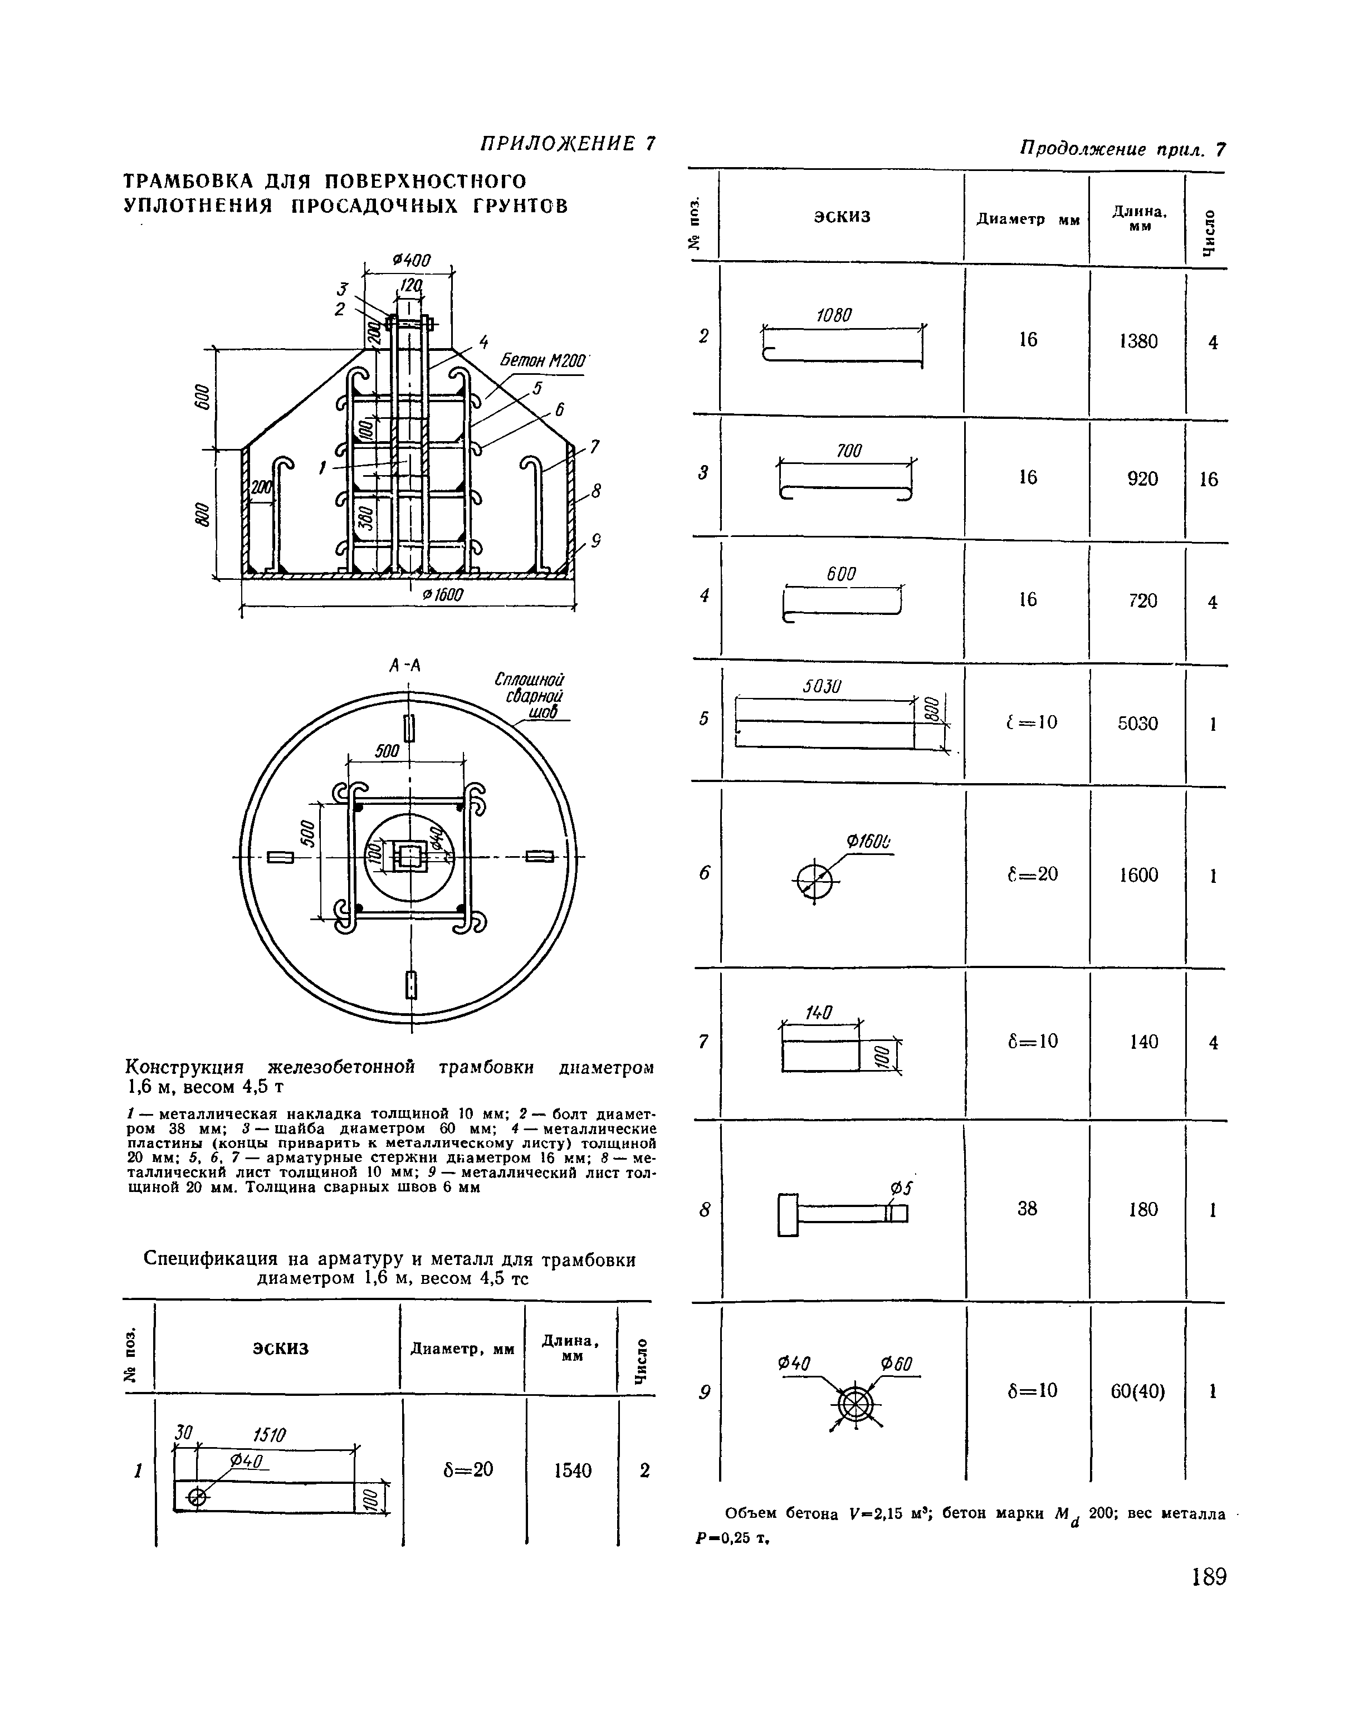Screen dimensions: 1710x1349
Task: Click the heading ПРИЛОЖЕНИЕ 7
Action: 567,144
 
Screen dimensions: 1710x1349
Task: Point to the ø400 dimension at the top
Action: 410,261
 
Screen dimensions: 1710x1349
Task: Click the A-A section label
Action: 405,666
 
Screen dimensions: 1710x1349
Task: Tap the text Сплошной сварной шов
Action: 531,696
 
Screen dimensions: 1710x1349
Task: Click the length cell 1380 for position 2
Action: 1138,341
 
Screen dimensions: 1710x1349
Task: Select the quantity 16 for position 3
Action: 1209,480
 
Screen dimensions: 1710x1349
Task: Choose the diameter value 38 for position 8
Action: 1027,1209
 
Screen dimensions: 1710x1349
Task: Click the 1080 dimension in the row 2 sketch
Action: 833,315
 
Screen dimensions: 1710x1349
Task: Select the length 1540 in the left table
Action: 573,1470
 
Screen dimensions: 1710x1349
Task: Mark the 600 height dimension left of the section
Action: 202,397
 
